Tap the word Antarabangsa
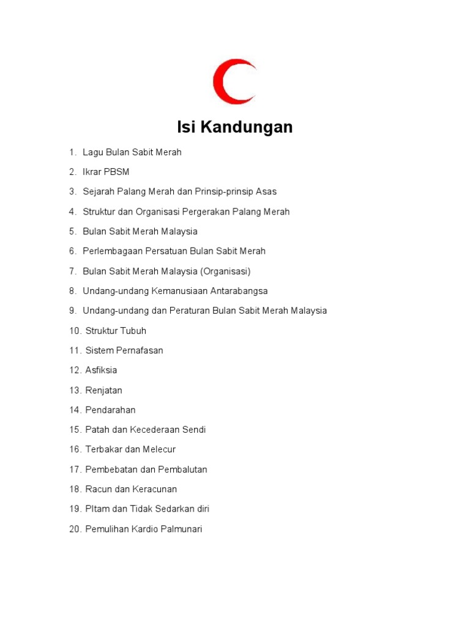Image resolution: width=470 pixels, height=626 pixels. point(236,291)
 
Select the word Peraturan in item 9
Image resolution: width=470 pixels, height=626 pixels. point(190,311)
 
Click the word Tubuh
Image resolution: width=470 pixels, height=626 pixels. point(133,331)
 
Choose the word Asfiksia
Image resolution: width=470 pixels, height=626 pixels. point(101,370)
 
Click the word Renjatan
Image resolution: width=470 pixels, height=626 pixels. point(103,390)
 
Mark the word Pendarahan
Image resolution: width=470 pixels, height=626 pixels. point(110,410)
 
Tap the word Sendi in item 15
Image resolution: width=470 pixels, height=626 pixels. point(193,430)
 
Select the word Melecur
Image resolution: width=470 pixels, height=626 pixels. point(159,449)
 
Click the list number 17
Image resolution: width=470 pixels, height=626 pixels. point(75,469)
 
